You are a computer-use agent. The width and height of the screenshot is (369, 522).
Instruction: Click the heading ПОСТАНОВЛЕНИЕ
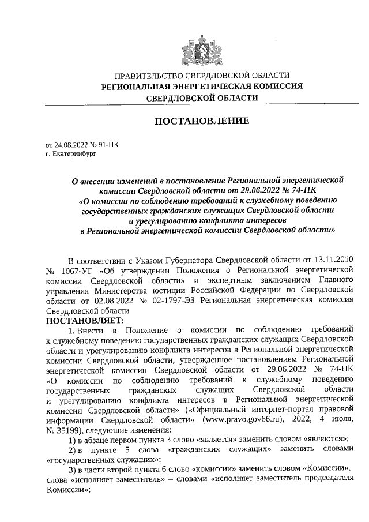point(201,121)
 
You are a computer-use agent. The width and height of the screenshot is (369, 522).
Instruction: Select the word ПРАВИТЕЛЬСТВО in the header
point(146,76)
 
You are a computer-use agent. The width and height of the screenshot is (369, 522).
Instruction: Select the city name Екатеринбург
point(74,155)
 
